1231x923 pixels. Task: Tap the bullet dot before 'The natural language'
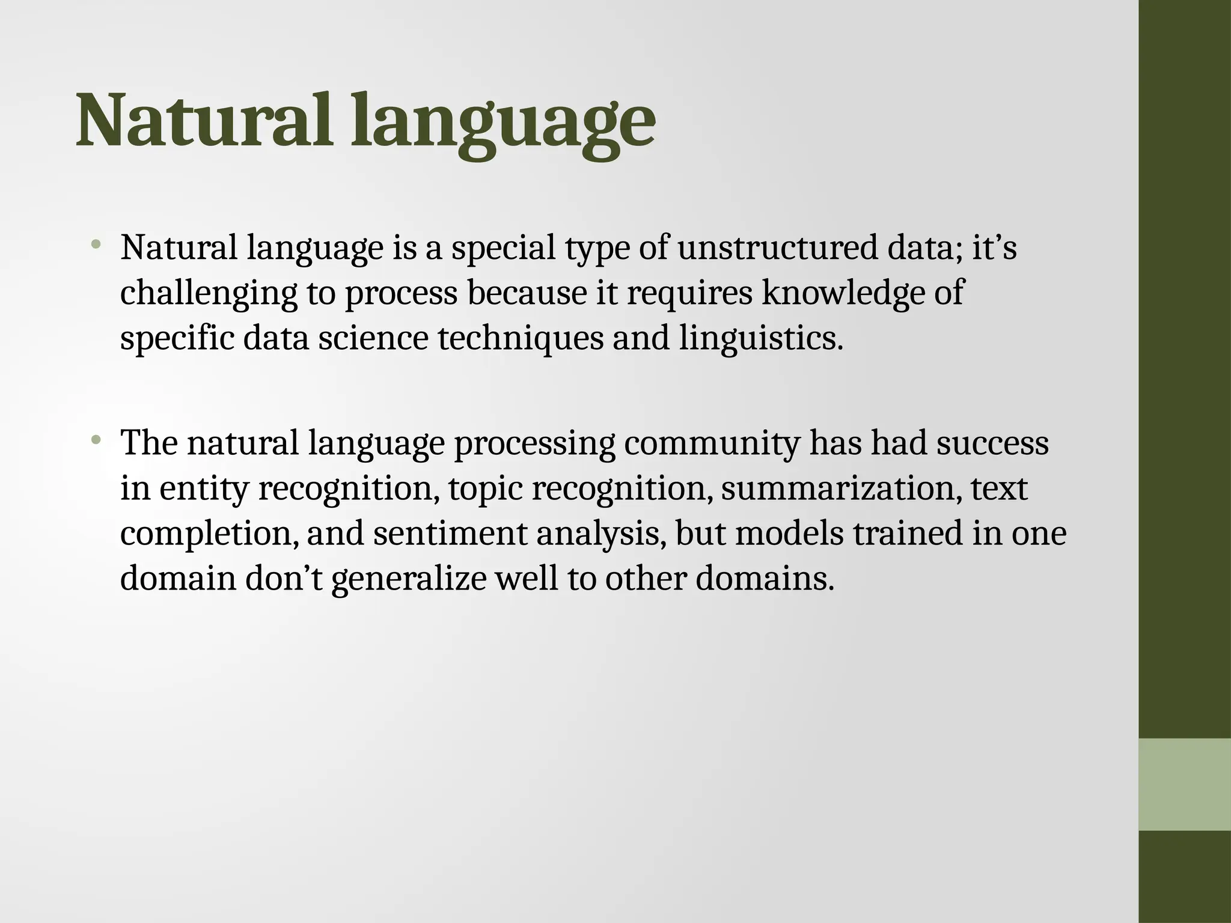point(96,440)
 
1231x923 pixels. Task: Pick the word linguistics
point(760,338)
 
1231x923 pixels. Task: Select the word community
point(712,443)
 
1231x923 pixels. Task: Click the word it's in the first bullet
point(994,248)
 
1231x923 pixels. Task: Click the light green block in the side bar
point(1184,784)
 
